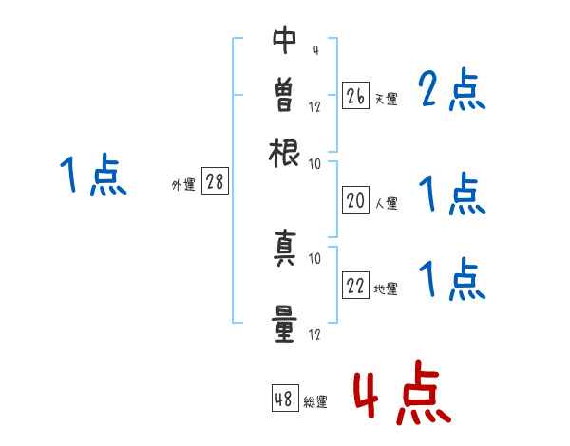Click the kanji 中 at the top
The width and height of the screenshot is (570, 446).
pos(285,39)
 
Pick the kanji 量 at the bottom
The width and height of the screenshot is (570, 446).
pos(285,323)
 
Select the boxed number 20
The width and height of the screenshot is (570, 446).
pos(355,200)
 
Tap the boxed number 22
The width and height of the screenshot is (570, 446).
pos(355,287)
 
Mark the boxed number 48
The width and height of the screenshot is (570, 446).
pos(284,400)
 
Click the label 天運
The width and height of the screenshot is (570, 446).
pos(387,99)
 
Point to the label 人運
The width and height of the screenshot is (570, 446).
pos(387,203)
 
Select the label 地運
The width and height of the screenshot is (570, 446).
pos(387,289)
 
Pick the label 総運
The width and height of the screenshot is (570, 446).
pos(315,402)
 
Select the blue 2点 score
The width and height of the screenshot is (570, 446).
pos(452,91)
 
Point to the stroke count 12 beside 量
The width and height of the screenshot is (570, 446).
pos(314,334)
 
